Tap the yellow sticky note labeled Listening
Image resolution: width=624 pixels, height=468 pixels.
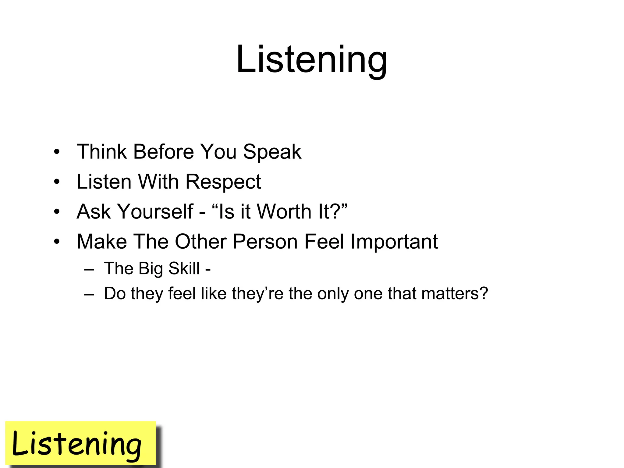[80, 443]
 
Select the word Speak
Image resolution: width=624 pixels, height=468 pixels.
[272, 151]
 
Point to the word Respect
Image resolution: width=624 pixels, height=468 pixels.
[223, 182]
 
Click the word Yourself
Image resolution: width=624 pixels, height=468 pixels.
[155, 211]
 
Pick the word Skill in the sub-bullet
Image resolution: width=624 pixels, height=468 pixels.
[184, 268]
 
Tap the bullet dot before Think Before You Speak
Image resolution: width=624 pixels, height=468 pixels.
[57, 152]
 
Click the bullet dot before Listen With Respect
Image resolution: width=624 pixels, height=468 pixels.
[57, 182]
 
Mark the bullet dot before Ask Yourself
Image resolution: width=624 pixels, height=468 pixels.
[57, 212]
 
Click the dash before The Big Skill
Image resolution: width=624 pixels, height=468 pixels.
[89, 269]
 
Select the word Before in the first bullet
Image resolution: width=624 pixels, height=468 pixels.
[163, 151]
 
